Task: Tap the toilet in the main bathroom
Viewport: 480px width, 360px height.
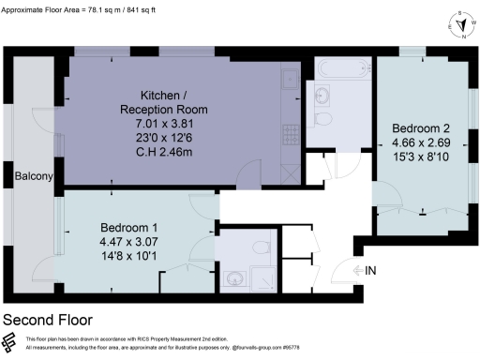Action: pyautogui.click(x=324, y=122)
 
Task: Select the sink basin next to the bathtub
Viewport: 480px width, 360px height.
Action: pyautogui.click(x=321, y=94)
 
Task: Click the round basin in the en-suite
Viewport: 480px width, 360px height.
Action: pyautogui.click(x=231, y=278)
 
